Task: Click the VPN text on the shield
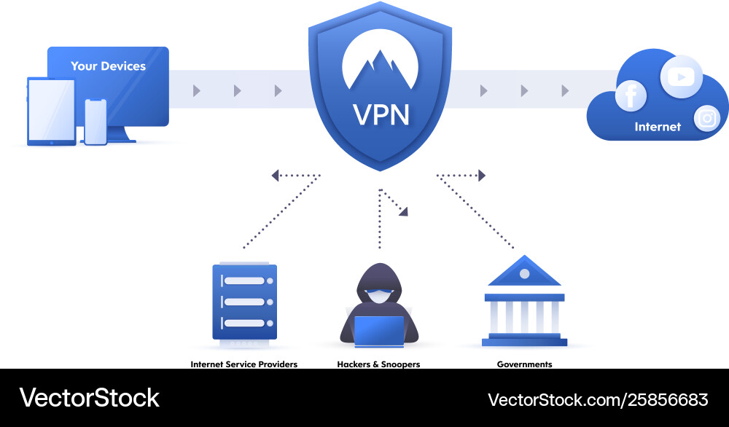380,114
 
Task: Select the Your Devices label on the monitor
108,66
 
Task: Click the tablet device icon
51,111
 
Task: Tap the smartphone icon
95,121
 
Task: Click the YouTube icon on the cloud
681,77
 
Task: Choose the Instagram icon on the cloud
706,118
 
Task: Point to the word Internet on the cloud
658,127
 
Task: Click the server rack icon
244,302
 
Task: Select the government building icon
524,300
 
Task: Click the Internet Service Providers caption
243,364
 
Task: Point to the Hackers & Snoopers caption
378,364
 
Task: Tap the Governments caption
524,364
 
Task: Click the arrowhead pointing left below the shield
276,175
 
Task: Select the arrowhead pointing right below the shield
481,175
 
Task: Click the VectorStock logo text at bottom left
89,398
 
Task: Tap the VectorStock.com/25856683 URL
597,399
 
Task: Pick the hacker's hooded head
379,284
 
